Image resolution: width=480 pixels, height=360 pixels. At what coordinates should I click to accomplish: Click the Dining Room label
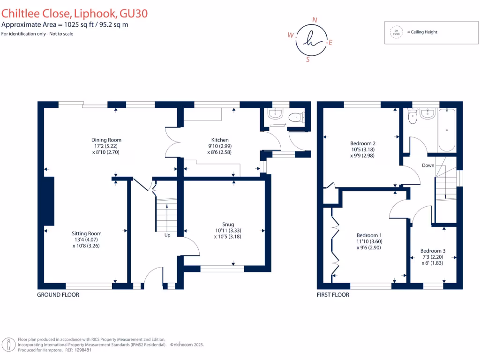pyautogui.click(x=106, y=140)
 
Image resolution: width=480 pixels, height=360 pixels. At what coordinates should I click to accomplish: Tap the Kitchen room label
pyautogui.click(x=220, y=140)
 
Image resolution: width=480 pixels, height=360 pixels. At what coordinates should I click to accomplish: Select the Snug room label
pyautogui.click(x=228, y=224)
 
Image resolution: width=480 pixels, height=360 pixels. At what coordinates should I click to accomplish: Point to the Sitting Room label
pyautogui.click(x=87, y=233)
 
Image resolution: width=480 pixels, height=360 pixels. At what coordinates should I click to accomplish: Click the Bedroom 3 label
pyautogui.click(x=433, y=251)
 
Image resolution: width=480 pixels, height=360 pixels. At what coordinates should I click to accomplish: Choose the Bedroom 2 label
pyautogui.click(x=363, y=143)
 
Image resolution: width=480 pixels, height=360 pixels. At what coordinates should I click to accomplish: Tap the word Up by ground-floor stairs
pyautogui.click(x=167, y=235)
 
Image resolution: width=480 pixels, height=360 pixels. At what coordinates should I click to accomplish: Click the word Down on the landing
pyautogui.click(x=427, y=165)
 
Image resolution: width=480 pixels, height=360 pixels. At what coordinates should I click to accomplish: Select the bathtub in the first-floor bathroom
pyautogui.click(x=447, y=130)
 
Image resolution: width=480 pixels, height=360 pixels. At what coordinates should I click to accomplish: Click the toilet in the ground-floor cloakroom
pyautogui.click(x=295, y=118)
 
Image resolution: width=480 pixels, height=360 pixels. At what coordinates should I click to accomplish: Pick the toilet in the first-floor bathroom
pyautogui.click(x=412, y=117)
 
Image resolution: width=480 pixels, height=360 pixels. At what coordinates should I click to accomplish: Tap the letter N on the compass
pyautogui.click(x=315, y=20)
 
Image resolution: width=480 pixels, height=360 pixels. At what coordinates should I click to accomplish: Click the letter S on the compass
pyautogui.click(x=307, y=60)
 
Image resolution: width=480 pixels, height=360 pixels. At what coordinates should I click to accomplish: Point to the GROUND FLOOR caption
pyautogui.click(x=58, y=295)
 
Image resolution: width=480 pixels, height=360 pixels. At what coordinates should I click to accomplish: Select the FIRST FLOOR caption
pyautogui.click(x=333, y=295)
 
